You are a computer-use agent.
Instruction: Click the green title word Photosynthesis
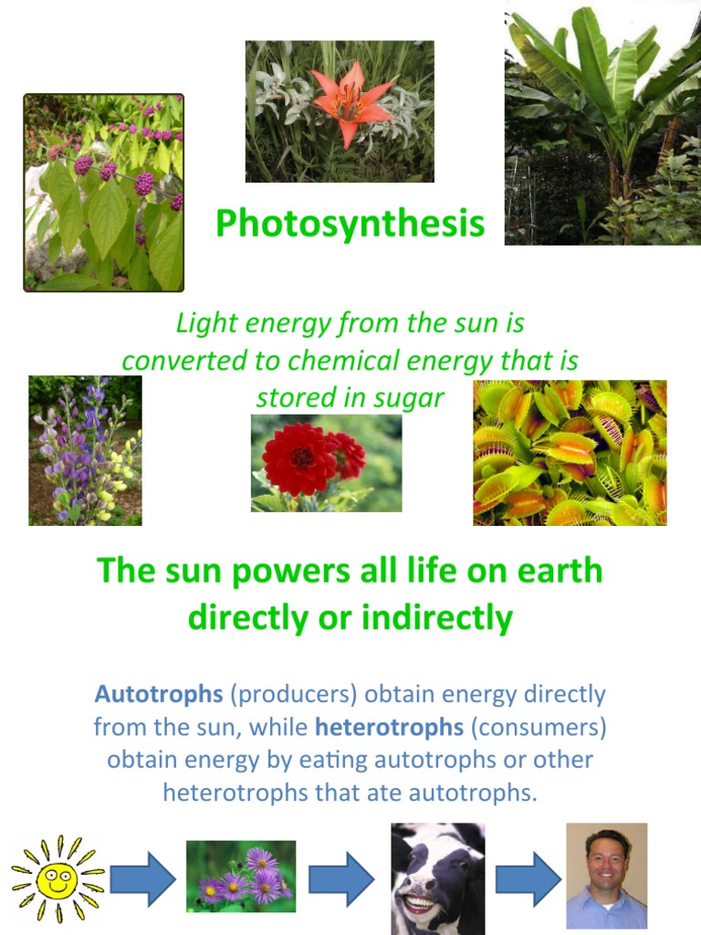pyautogui.click(x=350, y=223)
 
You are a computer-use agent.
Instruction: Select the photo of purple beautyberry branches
pyautogui.click(x=103, y=193)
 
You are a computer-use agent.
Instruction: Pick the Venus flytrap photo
pyautogui.click(x=570, y=453)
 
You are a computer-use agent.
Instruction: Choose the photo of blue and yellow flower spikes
pyautogui.click(x=85, y=450)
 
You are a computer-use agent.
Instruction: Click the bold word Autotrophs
pyautogui.click(x=158, y=694)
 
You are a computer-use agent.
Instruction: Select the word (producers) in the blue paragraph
pyautogui.click(x=293, y=694)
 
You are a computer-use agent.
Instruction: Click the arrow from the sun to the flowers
pyautogui.click(x=142, y=879)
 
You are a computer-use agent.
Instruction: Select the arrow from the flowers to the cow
pyautogui.click(x=340, y=879)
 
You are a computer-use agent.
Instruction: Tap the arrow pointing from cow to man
pyautogui.click(x=528, y=879)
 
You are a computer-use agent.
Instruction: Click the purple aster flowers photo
pyautogui.click(x=241, y=876)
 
